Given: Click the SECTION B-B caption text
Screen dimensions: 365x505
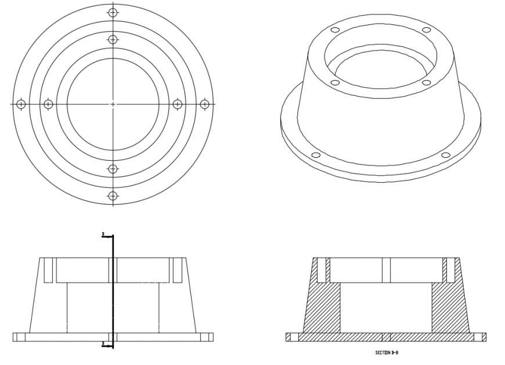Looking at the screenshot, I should click(x=387, y=352).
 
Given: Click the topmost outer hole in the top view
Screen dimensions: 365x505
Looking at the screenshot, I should click(x=113, y=12).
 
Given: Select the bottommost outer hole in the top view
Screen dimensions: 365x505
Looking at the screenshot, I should click(x=113, y=196).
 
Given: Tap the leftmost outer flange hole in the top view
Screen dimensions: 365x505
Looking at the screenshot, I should click(x=21, y=104).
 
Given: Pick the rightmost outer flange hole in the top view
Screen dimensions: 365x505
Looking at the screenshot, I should click(x=204, y=104).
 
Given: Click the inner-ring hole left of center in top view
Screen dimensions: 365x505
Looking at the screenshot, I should click(x=48, y=104).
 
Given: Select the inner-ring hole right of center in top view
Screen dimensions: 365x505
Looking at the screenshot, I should click(x=178, y=104).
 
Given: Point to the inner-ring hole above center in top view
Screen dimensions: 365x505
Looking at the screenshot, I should click(x=113, y=39).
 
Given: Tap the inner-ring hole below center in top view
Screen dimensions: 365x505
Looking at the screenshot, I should click(x=113, y=169).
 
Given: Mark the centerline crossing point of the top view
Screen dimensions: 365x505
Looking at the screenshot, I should click(x=113, y=104).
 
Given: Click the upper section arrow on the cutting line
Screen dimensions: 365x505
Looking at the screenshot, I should click(x=105, y=235).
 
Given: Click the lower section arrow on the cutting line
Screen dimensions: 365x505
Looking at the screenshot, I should click(x=105, y=344).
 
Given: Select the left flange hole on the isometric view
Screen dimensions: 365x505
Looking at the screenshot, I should click(x=316, y=155).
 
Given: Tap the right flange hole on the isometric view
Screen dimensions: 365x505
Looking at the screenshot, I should click(x=446, y=155).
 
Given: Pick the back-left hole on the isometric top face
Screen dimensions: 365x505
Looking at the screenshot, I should click(x=334, y=30).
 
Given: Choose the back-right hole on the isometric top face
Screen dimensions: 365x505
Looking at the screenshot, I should click(x=426, y=30).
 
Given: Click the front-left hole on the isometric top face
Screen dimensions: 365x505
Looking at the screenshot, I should click(x=335, y=83).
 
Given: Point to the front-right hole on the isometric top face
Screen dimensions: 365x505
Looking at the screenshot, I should click(x=425, y=83).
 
